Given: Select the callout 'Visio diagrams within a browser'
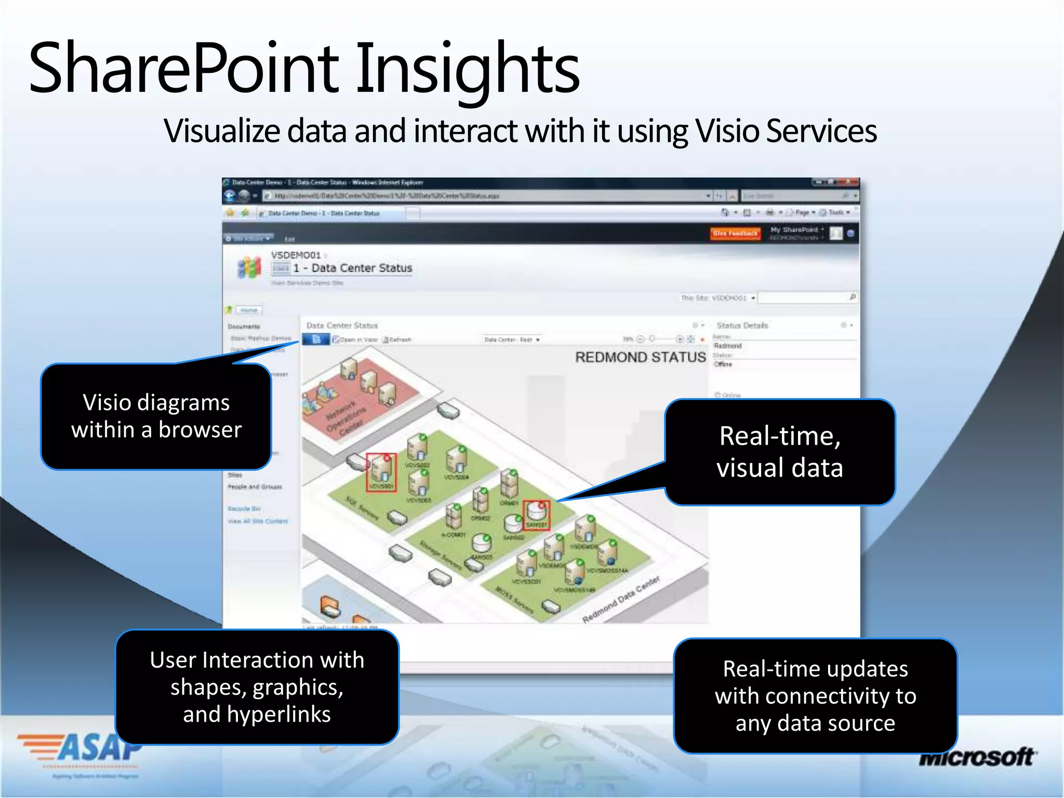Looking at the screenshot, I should point(156,416).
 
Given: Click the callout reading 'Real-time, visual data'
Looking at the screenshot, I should point(779,451).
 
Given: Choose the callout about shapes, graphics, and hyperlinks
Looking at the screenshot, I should point(257,687).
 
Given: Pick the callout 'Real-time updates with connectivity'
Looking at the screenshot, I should point(815,696).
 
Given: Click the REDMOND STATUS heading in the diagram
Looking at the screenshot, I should point(640,357).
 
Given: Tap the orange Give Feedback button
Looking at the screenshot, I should point(735,234).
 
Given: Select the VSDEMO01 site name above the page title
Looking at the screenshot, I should point(296,255).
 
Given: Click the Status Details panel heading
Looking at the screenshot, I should point(742,325).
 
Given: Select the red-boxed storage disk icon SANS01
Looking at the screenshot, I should point(536,514).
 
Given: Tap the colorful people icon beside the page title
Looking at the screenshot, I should point(249,267).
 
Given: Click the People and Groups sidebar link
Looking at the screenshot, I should point(255,487).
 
